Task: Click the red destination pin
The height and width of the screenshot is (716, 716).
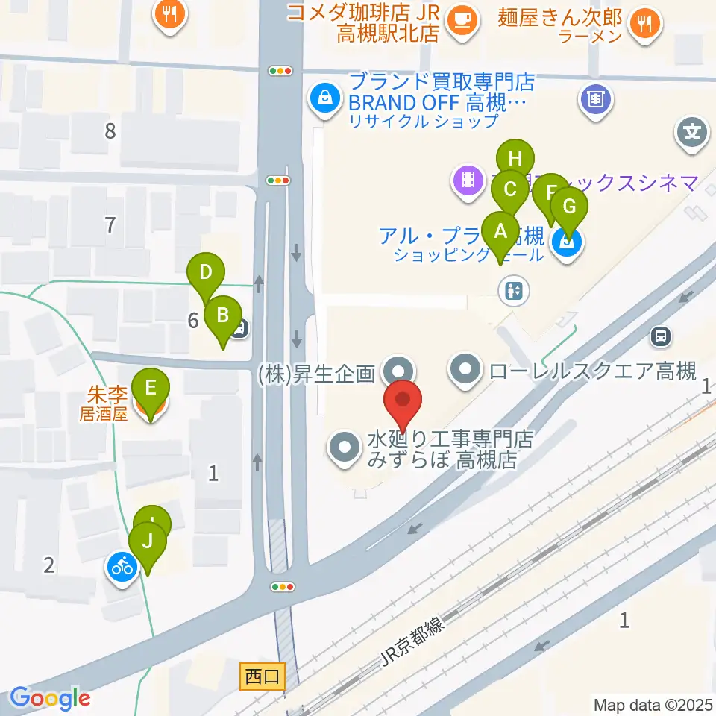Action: click(x=403, y=403)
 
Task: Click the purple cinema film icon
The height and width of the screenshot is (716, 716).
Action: click(x=468, y=180)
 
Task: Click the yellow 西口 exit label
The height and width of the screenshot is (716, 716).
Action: click(x=262, y=677)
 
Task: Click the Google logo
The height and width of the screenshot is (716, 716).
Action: click(x=50, y=699)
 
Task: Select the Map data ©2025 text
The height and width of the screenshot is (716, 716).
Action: click(x=653, y=704)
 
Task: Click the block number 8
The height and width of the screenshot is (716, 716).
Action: click(x=110, y=132)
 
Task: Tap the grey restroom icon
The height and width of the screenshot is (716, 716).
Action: click(x=515, y=290)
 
